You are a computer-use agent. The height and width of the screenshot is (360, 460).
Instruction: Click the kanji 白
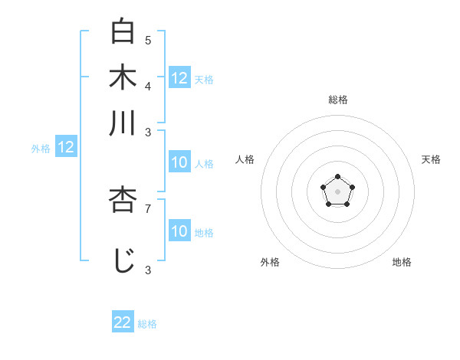pos(123,31)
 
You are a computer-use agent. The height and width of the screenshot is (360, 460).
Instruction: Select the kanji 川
pos(123,123)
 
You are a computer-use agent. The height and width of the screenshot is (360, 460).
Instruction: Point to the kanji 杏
pos(123,200)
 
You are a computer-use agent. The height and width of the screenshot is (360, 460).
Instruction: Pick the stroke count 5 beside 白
pos(148,39)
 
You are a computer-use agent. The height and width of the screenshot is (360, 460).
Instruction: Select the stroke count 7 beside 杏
pos(148,208)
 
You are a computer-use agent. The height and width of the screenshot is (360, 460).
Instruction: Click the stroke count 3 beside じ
pos(148,269)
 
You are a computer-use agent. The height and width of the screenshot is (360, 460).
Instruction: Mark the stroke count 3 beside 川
pos(148,131)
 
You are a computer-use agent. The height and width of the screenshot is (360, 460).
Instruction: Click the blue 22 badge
pos(123,322)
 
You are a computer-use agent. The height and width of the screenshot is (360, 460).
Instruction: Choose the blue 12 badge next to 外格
pos(66,148)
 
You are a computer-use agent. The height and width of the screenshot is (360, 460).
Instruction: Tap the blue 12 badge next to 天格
pos(179,78)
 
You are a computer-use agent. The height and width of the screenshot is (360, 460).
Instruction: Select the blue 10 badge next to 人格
pos(179,162)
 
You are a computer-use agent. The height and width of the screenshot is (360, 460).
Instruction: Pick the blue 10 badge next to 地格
pos(179,231)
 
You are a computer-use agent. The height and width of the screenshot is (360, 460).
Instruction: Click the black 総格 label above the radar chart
pos(337,100)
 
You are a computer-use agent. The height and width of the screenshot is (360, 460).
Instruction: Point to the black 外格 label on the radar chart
pos(270,262)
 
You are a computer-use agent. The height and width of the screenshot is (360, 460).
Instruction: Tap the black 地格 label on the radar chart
pos(402,262)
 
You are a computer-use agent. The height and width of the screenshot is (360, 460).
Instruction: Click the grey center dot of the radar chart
pos(337,191)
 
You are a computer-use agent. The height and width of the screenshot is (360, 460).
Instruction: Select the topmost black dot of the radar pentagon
pos(337,177)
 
